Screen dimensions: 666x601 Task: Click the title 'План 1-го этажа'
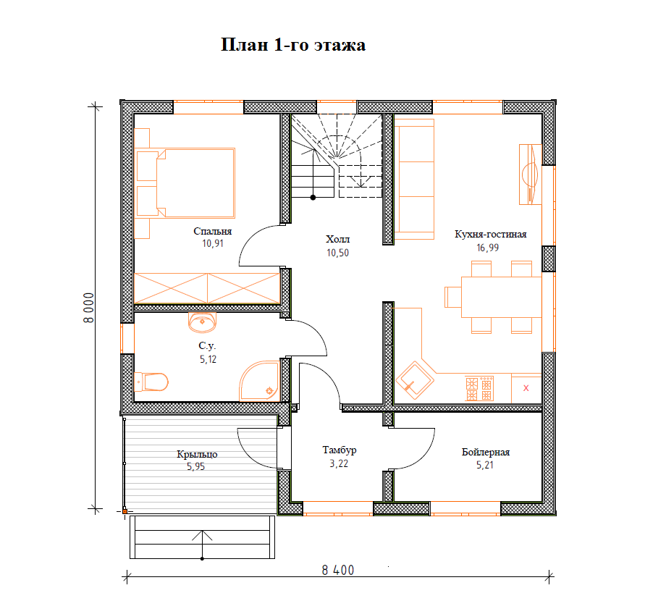pos(293,45)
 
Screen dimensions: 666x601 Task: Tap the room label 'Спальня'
pos(212,231)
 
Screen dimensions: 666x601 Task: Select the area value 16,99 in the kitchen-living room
pos(488,248)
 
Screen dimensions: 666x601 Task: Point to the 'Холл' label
pos(337,239)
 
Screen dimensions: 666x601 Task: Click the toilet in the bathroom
pos(151,382)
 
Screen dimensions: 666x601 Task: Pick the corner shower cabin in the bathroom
pos(259,381)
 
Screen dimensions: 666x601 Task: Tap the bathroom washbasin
pos(202,322)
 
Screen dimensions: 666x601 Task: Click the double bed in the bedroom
pos(185,182)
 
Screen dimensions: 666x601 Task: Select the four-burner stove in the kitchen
pos(479,388)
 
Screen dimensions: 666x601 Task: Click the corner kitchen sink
pos(415,380)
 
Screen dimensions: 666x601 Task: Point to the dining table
pos(501,297)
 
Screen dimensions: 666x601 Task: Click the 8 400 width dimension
pos(337,570)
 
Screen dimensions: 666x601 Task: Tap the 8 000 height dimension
pos(89,308)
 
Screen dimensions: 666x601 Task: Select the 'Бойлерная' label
pos(486,452)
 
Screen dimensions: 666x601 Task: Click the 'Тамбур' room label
pos(340,450)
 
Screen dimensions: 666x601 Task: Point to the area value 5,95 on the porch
pos(195,466)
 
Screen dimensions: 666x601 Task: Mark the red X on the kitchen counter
pos(526,388)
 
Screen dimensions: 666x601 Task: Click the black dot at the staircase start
pos(313,198)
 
